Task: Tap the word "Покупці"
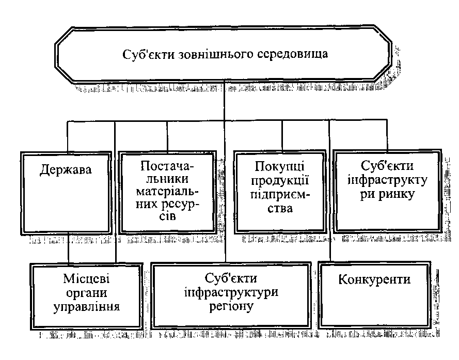pos(279,168)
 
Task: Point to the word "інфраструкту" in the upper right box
pos(387,182)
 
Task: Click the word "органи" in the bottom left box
pos(89,294)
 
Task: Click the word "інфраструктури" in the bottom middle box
pos(231,293)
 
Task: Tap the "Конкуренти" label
pos(374,280)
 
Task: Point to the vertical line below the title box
pos(226,101)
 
